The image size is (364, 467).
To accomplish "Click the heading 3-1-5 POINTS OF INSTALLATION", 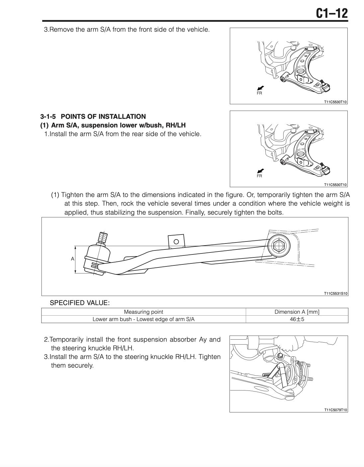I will point(93,116).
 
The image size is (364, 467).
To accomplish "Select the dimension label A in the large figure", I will point(72,259).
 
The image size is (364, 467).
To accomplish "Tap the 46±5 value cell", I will point(297,319).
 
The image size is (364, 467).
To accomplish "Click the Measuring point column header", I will point(143,312).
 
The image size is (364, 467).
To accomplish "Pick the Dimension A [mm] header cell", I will point(297,312).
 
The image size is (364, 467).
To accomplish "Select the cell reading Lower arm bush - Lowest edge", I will point(143,319).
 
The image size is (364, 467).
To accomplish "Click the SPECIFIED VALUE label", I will point(80,303).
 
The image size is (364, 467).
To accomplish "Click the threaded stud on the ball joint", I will point(102,237).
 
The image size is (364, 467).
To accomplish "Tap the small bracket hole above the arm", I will point(176,241).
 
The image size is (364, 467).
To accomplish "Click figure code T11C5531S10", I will point(335,293).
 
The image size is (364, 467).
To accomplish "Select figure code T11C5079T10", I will point(335,410).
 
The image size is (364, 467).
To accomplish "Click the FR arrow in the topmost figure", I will point(260,88).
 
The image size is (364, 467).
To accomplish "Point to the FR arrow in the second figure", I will point(260,171).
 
